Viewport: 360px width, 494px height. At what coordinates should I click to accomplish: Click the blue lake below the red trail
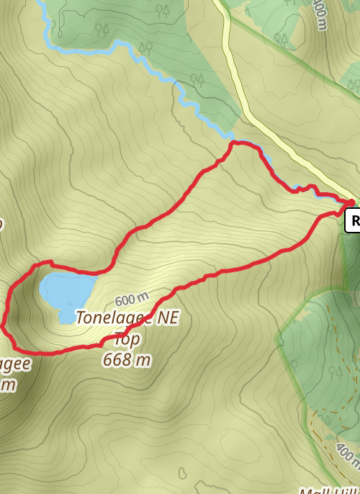point(66,289)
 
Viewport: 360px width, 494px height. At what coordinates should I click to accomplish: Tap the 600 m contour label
point(130,297)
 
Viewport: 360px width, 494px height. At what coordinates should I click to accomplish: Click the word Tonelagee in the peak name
point(110,316)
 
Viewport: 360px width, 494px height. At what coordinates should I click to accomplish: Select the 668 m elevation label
point(127,359)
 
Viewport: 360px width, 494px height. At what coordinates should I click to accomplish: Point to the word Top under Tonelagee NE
point(127,338)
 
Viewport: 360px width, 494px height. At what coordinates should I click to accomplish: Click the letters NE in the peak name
point(163,316)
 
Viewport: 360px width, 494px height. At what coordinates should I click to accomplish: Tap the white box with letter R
point(353,220)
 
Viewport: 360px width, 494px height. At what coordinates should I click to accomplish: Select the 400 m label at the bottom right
point(346,457)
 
